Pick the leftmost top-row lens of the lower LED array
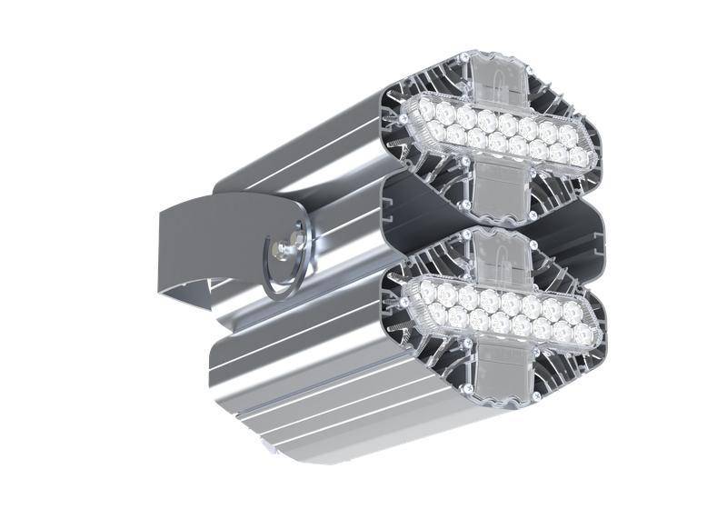tap(427, 291)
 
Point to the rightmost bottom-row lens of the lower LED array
tap(582, 335)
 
